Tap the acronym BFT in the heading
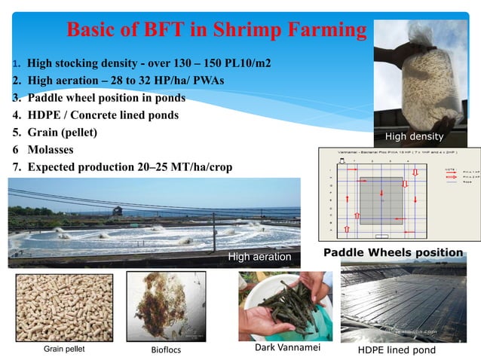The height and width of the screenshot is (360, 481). [165, 29]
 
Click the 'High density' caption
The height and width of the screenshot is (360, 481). [414, 137]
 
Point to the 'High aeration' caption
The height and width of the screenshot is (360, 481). [259, 257]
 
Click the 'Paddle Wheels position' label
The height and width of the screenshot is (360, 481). [393, 252]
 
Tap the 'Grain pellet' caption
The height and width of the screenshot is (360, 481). [64, 349]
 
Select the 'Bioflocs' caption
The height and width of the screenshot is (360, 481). [167, 350]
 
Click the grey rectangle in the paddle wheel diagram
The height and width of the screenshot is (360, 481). [381, 198]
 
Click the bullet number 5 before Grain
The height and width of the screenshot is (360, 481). [15, 133]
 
